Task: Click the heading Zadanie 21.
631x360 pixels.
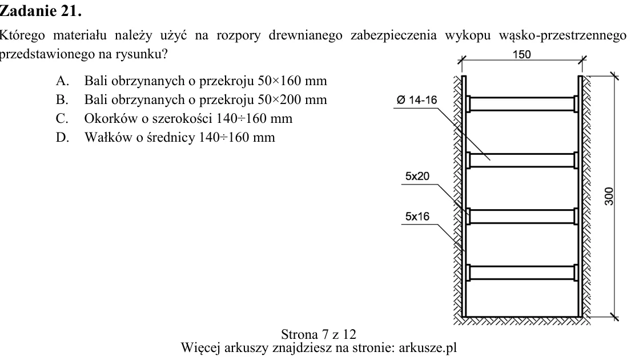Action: point(41,11)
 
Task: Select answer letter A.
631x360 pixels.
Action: point(62,81)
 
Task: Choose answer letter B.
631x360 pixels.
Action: point(62,99)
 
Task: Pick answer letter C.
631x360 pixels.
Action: point(62,118)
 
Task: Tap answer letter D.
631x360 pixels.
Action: point(62,137)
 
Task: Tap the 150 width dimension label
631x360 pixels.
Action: point(521,54)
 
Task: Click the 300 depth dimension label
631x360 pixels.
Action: point(609,196)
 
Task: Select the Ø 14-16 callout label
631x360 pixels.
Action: point(417,100)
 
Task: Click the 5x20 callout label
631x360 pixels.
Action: point(417,176)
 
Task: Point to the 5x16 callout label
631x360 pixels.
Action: point(417,216)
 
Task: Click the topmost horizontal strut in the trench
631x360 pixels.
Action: point(522,104)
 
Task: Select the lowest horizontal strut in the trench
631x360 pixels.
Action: point(522,273)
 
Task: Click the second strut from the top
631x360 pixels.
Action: point(522,160)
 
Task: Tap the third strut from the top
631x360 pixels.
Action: point(522,216)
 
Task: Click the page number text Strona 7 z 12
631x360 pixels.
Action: point(318,334)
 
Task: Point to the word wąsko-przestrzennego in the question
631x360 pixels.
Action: point(562,35)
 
